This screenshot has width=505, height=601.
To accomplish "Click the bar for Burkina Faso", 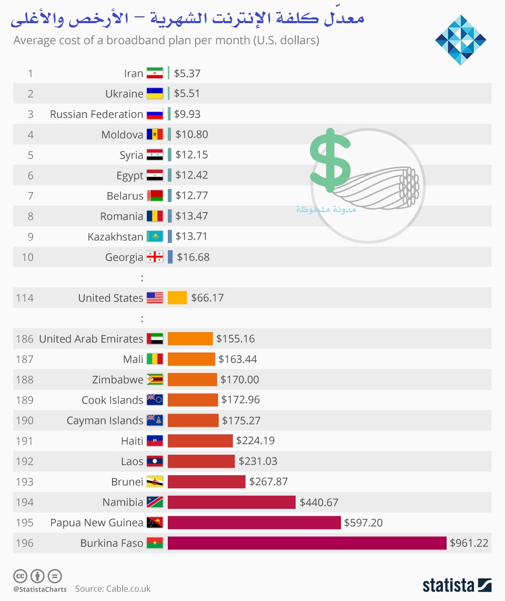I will [x=307, y=543].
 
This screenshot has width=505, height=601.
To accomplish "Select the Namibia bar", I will [x=231, y=502].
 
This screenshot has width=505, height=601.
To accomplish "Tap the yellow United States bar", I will [x=177, y=298].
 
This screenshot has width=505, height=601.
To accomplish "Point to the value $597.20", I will [x=363, y=523].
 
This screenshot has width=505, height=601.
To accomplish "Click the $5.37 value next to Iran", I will [x=187, y=73].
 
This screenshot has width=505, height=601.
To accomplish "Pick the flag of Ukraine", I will [x=155, y=94].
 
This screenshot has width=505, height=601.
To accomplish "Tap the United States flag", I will [x=155, y=298].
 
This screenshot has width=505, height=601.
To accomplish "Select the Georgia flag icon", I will [x=155, y=257].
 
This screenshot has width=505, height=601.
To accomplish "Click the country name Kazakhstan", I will [x=115, y=237].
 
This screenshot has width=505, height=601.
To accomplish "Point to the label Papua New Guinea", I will [x=96, y=523].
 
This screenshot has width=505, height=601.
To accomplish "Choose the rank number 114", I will [x=25, y=298].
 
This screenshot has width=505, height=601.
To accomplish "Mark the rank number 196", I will [x=25, y=543].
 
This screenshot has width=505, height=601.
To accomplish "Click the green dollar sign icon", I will [x=330, y=160].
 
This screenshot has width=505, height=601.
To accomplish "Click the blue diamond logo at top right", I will [x=461, y=40].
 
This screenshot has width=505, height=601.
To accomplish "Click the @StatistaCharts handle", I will [x=40, y=589].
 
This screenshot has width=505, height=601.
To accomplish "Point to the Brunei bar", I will [x=206, y=482].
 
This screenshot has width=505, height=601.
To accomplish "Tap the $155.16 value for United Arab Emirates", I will [x=235, y=339].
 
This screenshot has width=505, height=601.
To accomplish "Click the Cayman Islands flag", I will [x=155, y=420].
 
